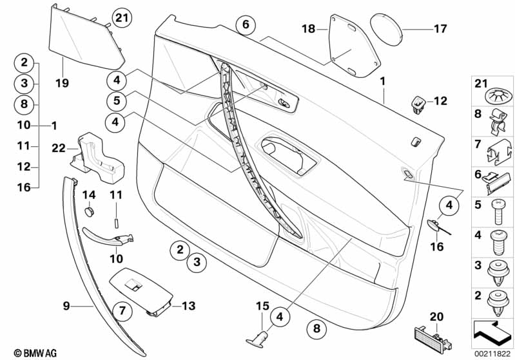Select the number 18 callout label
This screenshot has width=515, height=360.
(309, 29)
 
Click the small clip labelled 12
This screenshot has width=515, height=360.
(418, 102)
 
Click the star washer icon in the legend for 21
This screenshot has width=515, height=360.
(496, 98)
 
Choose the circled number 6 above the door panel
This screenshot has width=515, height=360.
(245, 26)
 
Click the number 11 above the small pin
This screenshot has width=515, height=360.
(117, 194)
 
